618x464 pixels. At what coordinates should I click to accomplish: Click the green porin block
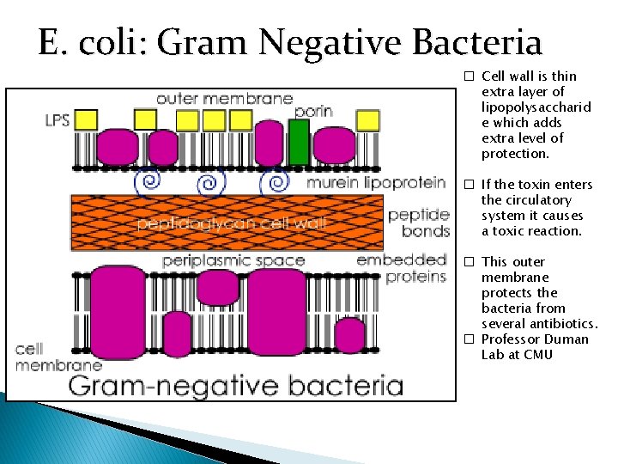298,142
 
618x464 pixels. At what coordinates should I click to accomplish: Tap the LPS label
58,119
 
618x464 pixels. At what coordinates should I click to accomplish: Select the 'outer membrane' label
224,99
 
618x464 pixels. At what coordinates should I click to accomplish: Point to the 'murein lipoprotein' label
376,182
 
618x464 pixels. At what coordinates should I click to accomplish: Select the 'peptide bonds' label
418,222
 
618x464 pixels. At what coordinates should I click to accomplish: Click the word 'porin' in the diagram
313,112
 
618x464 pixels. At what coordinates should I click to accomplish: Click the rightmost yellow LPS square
367,119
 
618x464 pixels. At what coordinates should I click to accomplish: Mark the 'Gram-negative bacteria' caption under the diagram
235,384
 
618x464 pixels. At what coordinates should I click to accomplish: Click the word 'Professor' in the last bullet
512,339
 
